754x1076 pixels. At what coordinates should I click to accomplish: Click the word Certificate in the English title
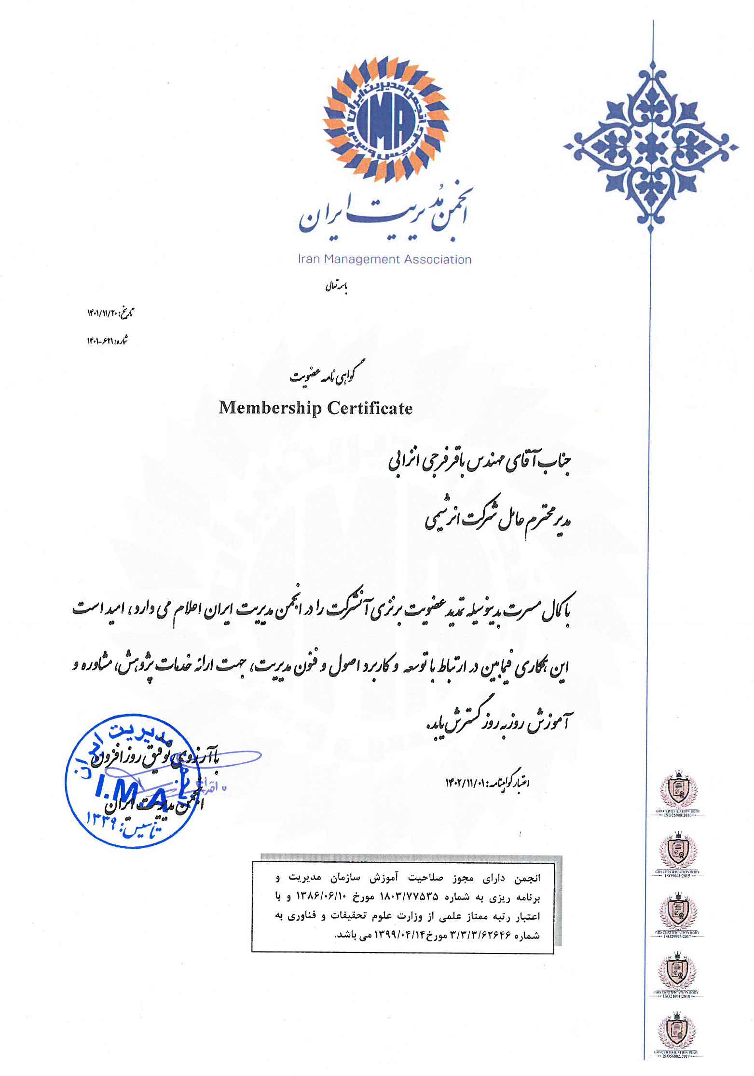click(370, 408)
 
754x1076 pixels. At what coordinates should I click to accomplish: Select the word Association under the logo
click(438, 260)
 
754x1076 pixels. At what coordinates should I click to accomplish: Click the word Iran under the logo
click(309, 260)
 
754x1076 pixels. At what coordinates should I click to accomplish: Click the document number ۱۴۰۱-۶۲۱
click(100, 341)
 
